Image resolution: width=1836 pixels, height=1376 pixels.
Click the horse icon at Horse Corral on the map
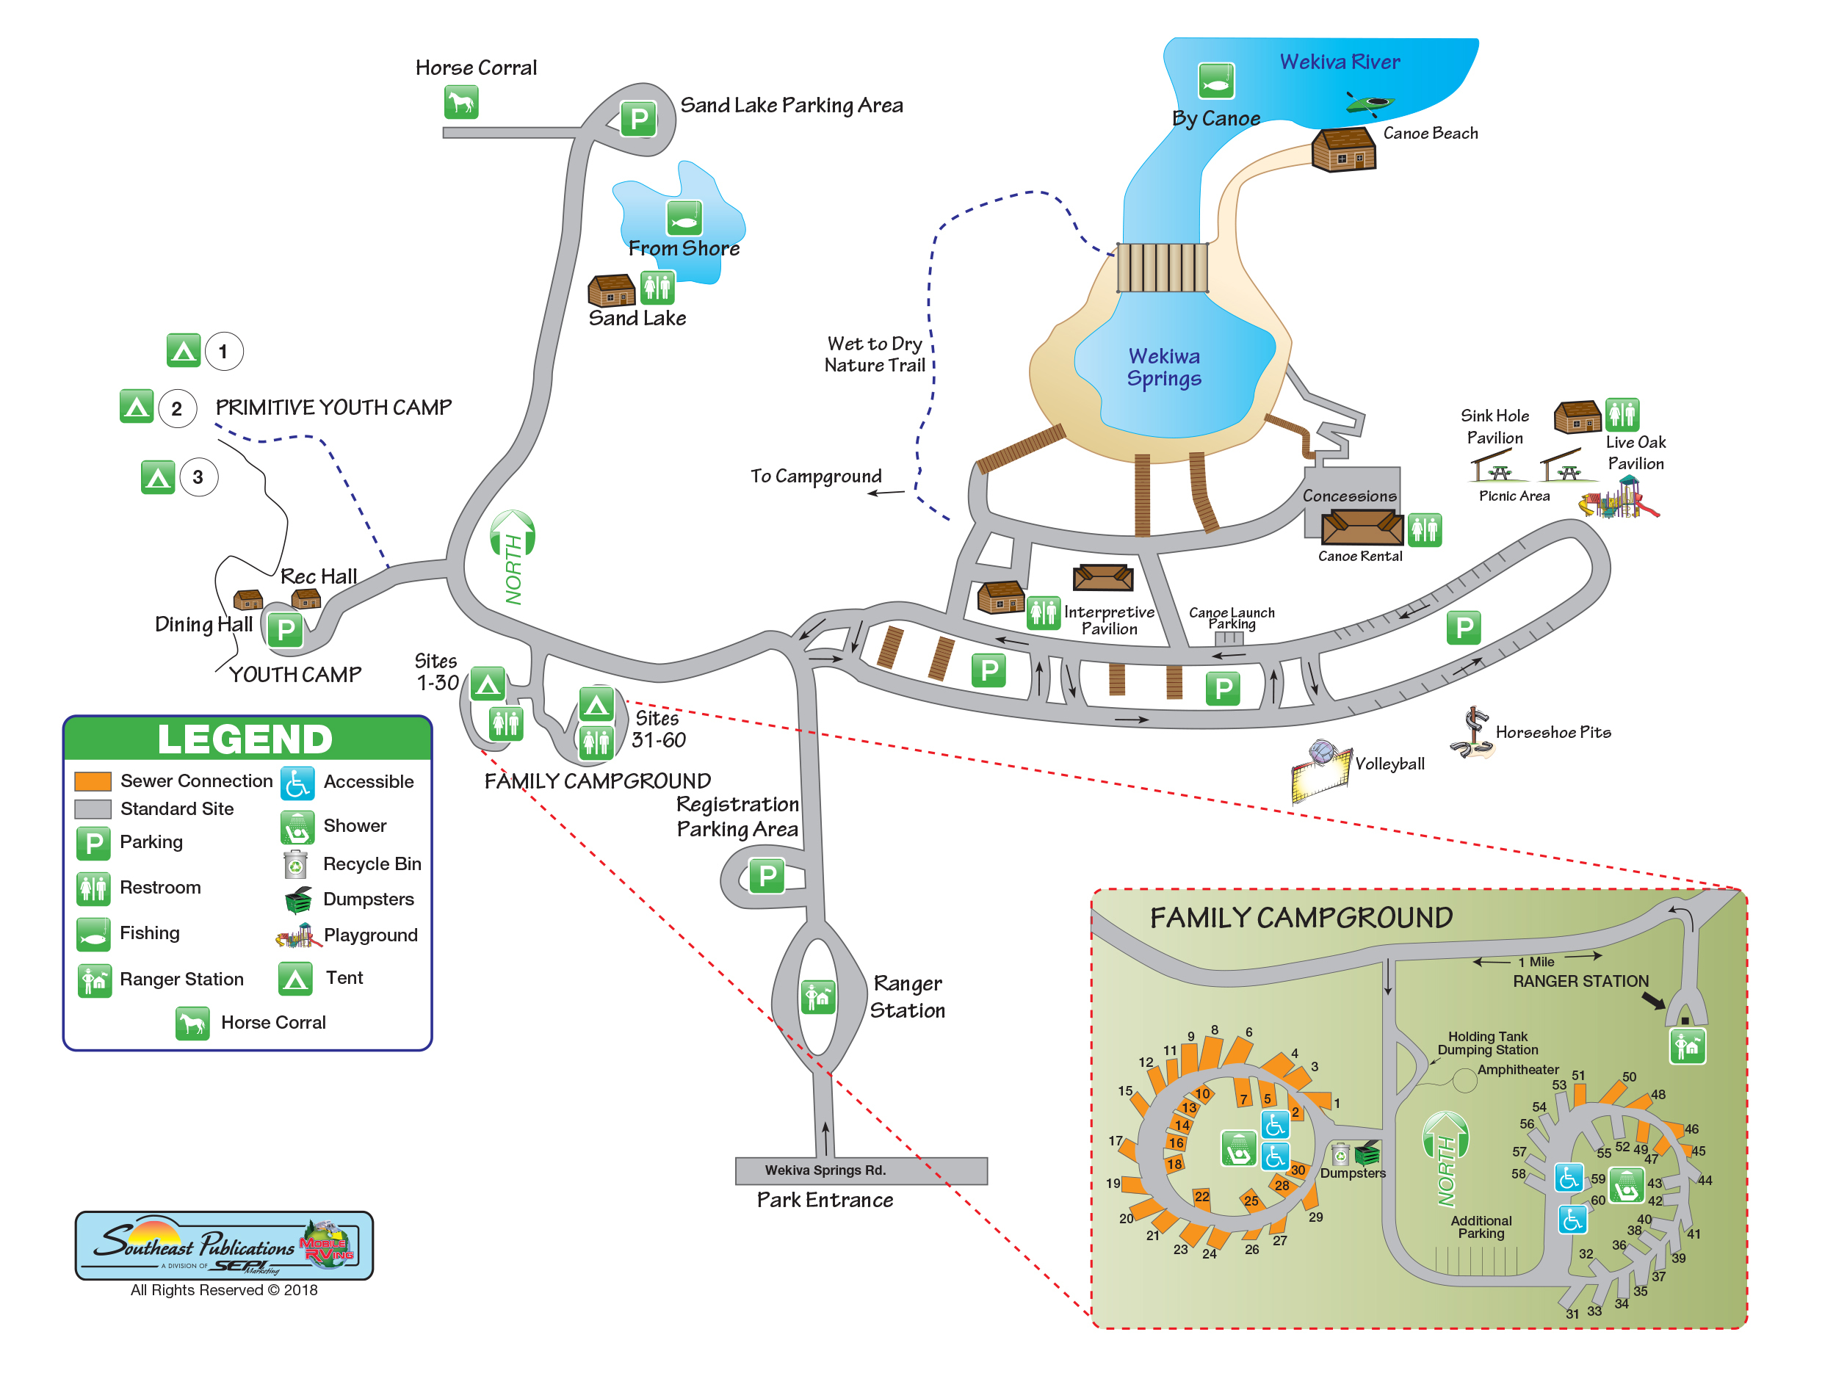coord(460,102)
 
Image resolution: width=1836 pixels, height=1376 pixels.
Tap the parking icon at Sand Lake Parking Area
coord(638,120)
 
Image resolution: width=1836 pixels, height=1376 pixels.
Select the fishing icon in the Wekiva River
coord(1215,82)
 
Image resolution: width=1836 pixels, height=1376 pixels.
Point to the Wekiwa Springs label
coord(1164,367)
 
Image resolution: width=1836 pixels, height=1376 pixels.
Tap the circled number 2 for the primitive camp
coord(177,408)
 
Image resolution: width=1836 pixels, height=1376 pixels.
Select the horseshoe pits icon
coord(1472,733)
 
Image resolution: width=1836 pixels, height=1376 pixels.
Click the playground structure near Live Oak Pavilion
coord(1619,498)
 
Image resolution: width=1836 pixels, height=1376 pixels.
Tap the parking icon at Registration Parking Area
coord(767,875)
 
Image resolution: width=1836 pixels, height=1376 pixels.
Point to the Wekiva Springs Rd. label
coord(824,1170)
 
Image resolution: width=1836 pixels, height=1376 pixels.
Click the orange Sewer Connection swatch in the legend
coord(93,781)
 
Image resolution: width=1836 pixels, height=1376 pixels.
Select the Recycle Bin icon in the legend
coord(294,864)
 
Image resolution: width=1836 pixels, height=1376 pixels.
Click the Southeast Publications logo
coord(224,1245)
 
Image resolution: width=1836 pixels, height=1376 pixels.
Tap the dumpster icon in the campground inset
coord(1366,1153)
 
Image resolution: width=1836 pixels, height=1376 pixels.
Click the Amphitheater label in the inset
coord(1517,1070)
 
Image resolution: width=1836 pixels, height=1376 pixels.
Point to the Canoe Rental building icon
coord(1362,528)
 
